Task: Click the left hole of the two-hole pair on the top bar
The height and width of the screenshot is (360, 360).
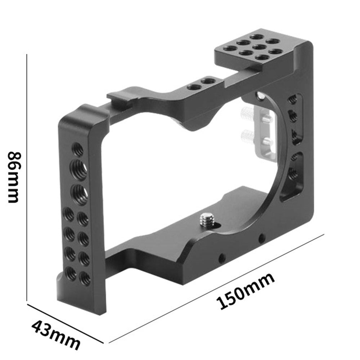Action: [192, 87]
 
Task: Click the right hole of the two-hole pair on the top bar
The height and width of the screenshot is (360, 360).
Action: [206, 81]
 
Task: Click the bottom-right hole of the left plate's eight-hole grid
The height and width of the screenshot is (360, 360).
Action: [85, 278]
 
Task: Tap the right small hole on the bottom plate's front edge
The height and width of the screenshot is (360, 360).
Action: [261, 238]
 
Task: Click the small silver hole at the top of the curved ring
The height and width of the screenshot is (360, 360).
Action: [259, 95]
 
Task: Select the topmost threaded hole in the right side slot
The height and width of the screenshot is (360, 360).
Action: [293, 99]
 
